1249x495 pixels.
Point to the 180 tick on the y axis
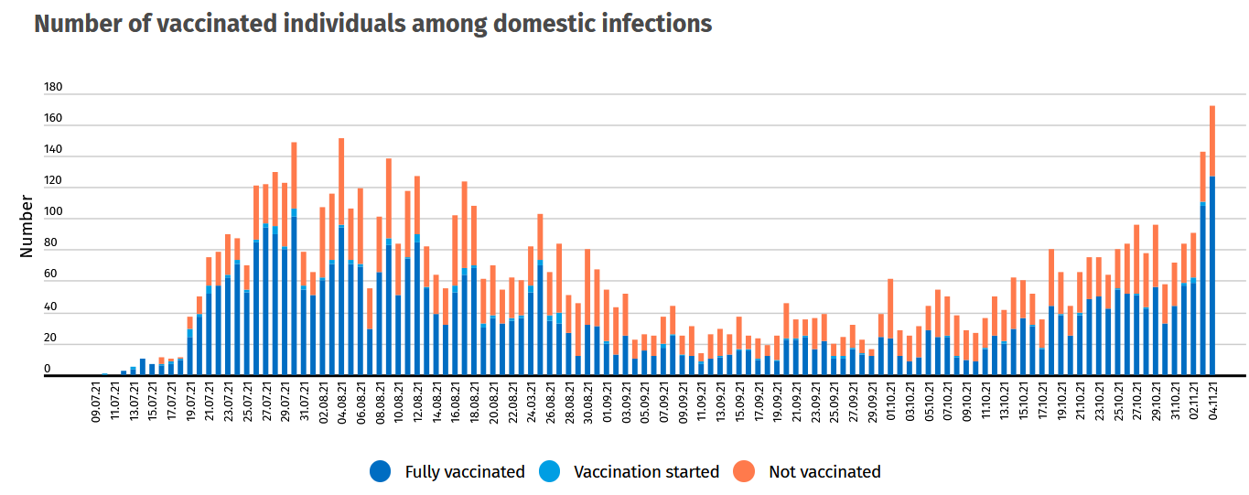(x=53, y=88)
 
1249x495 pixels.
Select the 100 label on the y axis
(x=53, y=212)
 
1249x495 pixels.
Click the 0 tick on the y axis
(x=47, y=369)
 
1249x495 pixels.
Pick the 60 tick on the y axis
(x=50, y=274)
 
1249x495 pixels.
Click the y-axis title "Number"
(x=27, y=226)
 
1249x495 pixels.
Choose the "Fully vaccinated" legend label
(x=465, y=472)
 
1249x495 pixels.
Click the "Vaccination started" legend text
(x=646, y=472)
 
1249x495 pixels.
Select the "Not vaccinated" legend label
(x=824, y=472)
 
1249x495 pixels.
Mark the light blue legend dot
(x=549, y=472)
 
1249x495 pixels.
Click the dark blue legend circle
(x=381, y=472)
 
